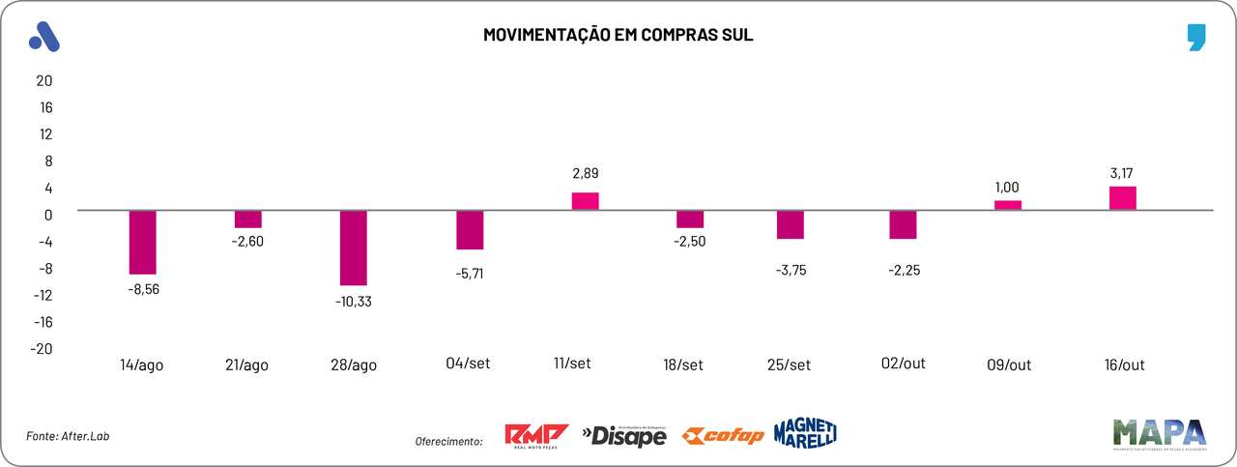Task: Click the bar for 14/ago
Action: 143,242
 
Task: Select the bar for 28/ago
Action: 354,248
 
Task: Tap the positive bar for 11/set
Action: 586,201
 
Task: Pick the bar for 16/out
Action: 1123,198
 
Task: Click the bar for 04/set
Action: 471,230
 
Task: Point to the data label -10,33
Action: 353,301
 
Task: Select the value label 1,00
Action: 1007,188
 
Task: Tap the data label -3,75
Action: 790,271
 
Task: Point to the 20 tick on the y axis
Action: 44,80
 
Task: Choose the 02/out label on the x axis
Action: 904,364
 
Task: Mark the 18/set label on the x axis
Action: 683,365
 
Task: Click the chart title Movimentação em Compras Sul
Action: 618,36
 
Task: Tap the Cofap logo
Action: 722,436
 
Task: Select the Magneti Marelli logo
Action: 805,433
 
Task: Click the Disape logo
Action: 624,436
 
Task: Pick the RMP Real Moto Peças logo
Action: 536,435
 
